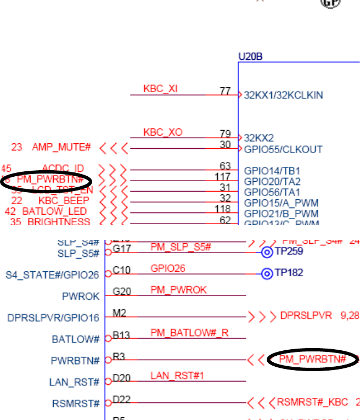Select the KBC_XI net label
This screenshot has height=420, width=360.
[160, 88]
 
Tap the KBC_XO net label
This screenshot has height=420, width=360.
[162, 132]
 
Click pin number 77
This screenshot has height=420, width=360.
[225, 91]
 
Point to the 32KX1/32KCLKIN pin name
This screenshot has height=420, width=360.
[283, 95]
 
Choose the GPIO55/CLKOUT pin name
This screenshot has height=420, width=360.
[283, 149]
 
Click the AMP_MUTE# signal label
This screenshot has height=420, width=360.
[61, 147]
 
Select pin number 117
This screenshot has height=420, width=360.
[222, 177]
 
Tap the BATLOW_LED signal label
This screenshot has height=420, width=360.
[54, 211]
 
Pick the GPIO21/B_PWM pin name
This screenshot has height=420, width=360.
[281, 213]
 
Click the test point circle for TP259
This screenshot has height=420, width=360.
[267, 252]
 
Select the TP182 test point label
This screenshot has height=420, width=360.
[289, 273]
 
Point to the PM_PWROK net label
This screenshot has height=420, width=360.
[178, 289]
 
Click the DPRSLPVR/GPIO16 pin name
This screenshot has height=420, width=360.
[53, 317]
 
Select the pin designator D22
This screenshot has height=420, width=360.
[120, 399]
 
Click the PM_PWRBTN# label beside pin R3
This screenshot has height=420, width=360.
[312, 359]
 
